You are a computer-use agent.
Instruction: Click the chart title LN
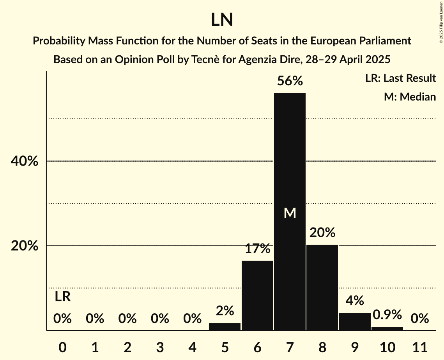point(222,20)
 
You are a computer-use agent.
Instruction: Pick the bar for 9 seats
point(355,321)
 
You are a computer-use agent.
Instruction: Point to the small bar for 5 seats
point(225,326)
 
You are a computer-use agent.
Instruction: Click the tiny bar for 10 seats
point(387,328)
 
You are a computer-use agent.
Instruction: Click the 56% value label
point(290,81)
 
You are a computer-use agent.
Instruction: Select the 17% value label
point(257,249)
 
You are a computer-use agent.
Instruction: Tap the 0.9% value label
point(387,314)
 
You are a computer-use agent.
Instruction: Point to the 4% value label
point(355,301)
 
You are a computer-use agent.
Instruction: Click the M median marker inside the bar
point(290,213)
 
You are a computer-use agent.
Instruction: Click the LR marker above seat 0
point(62,297)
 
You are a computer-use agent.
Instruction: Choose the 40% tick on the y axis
point(24,161)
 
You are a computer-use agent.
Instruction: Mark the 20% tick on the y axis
point(24,246)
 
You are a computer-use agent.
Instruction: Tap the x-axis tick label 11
point(420,346)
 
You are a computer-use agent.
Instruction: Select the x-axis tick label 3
point(160,346)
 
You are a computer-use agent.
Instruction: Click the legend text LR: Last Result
point(400,78)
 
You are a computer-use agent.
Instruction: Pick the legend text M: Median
point(410,97)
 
